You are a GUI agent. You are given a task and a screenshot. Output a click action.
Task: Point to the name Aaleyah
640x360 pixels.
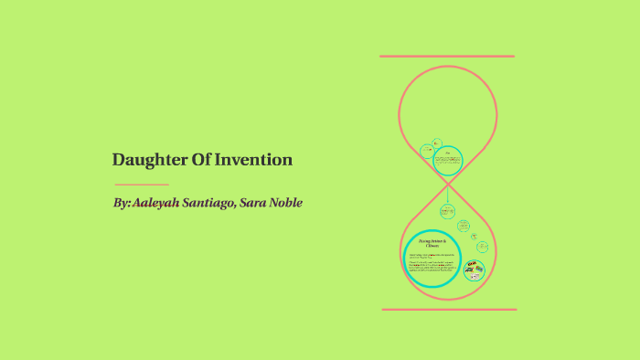156,202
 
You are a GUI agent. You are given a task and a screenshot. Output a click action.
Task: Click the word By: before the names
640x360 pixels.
122,202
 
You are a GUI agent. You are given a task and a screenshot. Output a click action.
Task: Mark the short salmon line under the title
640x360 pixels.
140,185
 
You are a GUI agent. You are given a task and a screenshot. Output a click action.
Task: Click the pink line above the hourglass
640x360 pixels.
447,57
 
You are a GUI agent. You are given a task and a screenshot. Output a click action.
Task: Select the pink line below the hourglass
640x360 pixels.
448,309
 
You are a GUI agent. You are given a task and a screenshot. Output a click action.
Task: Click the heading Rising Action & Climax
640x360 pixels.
432,243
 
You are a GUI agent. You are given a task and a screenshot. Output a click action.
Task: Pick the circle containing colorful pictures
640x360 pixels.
475,269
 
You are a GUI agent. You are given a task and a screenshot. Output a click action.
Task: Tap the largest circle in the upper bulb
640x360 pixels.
447,161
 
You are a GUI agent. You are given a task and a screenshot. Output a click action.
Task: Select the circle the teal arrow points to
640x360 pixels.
447,211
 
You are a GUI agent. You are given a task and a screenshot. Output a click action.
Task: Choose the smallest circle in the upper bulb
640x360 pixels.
437,143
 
